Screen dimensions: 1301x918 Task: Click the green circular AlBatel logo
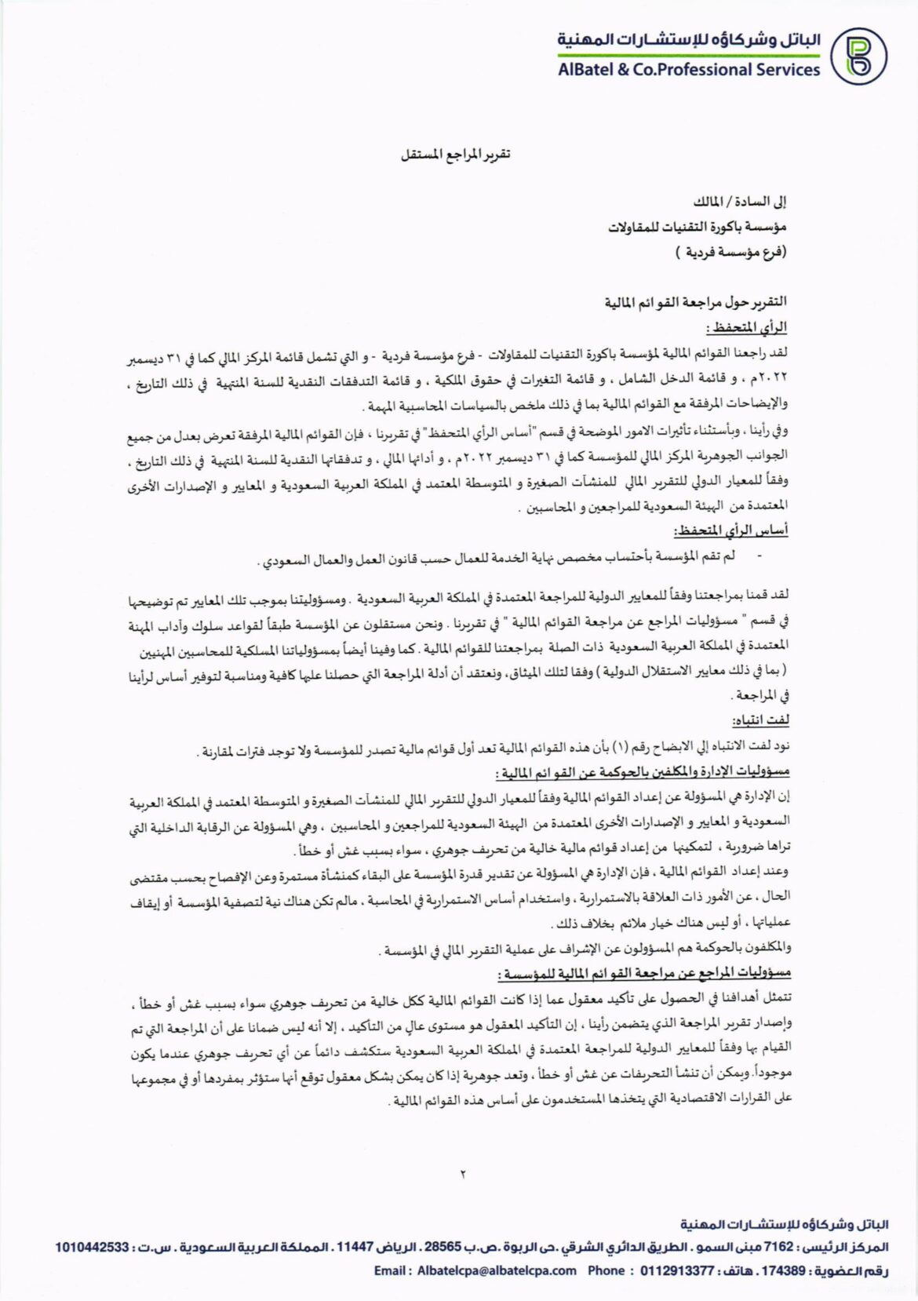(858, 55)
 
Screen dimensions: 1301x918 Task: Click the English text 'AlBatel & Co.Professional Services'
(688, 70)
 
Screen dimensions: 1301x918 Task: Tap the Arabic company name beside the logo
(689, 40)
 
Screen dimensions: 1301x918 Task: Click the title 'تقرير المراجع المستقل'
(455, 154)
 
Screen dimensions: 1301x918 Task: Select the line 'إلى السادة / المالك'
(740, 202)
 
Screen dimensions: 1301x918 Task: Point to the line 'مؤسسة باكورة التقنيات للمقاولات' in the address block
(697, 227)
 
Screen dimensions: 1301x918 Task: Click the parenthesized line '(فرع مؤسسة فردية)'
(730, 253)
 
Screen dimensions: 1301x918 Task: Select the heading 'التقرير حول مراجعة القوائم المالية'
(695, 302)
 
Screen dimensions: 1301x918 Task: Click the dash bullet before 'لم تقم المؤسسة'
(758, 556)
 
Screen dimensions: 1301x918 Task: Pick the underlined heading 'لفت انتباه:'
(760, 720)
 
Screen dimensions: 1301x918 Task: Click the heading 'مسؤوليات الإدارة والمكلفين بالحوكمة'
(643, 772)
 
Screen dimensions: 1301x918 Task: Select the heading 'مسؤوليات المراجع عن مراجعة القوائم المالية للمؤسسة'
(643, 973)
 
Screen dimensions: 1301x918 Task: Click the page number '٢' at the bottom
(462, 1174)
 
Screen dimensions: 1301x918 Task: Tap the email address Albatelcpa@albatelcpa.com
(497, 1270)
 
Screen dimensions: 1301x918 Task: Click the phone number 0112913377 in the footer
(676, 1270)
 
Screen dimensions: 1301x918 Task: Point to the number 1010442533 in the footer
(92, 1247)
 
